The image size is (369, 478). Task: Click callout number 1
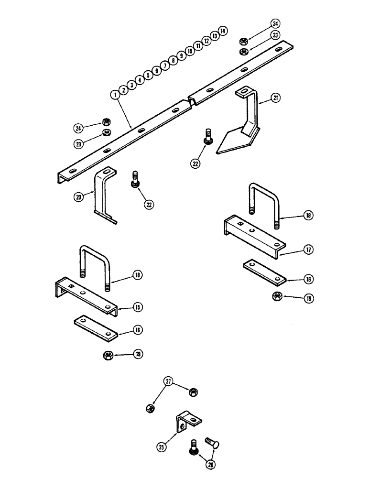click(x=114, y=95)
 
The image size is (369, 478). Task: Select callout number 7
click(x=165, y=65)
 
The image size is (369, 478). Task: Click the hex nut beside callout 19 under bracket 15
click(x=108, y=354)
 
